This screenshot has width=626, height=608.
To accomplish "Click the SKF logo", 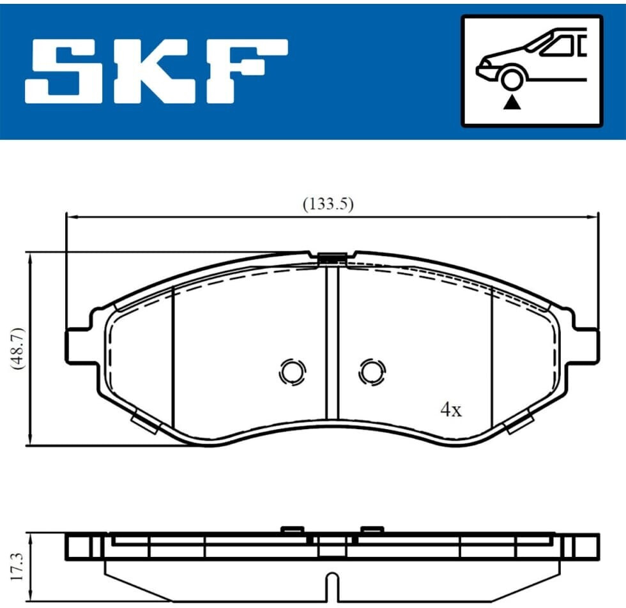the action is (x=156, y=72).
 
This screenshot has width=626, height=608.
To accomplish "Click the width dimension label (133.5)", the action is (x=328, y=204).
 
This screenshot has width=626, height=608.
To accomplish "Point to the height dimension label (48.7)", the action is (x=18, y=349).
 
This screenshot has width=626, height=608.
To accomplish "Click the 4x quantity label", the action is (x=451, y=409).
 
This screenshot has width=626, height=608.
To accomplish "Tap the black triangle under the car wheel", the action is (x=512, y=103).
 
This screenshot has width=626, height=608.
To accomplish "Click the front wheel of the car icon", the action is (x=512, y=79).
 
